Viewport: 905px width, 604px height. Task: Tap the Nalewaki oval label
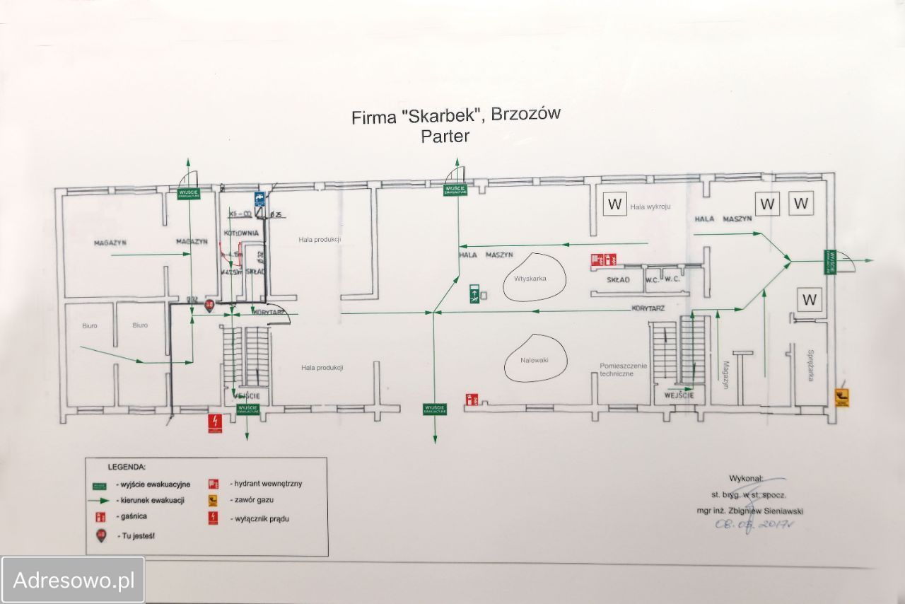(x=535, y=360)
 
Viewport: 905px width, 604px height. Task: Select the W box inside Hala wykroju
(x=614, y=204)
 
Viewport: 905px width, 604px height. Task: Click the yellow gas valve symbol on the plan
(x=841, y=397)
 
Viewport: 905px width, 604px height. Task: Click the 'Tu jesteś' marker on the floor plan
(x=209, y=306)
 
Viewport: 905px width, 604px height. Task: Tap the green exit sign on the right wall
(x=830, y=262)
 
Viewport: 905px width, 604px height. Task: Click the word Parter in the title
(x=445, y=136)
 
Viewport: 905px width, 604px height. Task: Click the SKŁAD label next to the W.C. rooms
(x=618, y=280)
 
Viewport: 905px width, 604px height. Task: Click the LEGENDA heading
(x=127, y=467)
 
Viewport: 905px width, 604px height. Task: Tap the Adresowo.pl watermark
(x=74, y=581)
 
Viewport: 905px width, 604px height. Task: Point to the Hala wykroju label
(x=650, y=207)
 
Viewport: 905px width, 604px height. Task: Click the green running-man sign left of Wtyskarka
(x=474, y=293)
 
